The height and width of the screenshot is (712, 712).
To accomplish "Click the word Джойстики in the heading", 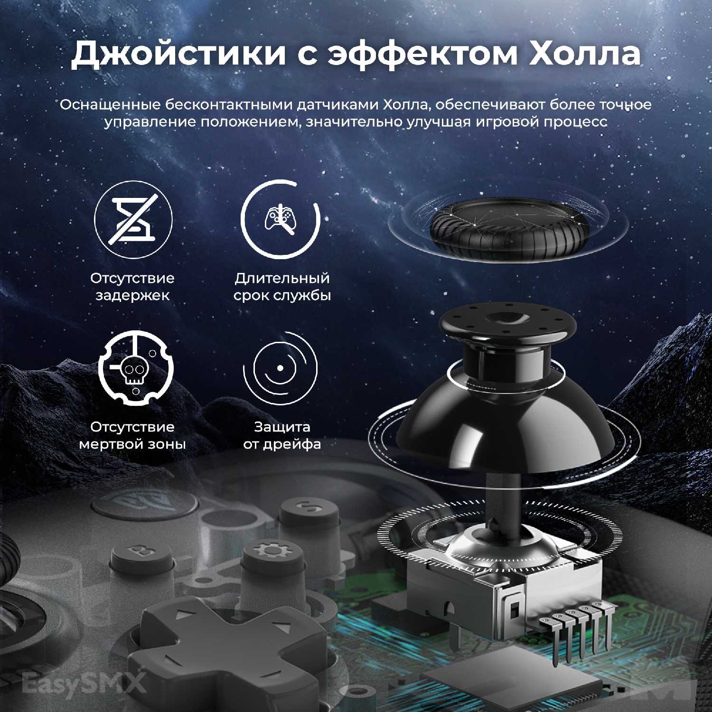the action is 179,54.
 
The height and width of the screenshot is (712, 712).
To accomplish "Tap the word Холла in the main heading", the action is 585,54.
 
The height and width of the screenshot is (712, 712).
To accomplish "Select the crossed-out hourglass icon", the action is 133,219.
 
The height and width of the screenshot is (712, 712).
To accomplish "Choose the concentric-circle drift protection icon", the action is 280,368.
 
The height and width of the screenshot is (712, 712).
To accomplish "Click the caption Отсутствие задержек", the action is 132,286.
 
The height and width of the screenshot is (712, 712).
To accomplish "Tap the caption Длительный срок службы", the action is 282,286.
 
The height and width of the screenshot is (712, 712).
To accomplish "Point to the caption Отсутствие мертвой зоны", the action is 132,435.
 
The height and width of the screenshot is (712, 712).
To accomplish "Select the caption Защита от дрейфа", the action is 282,435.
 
